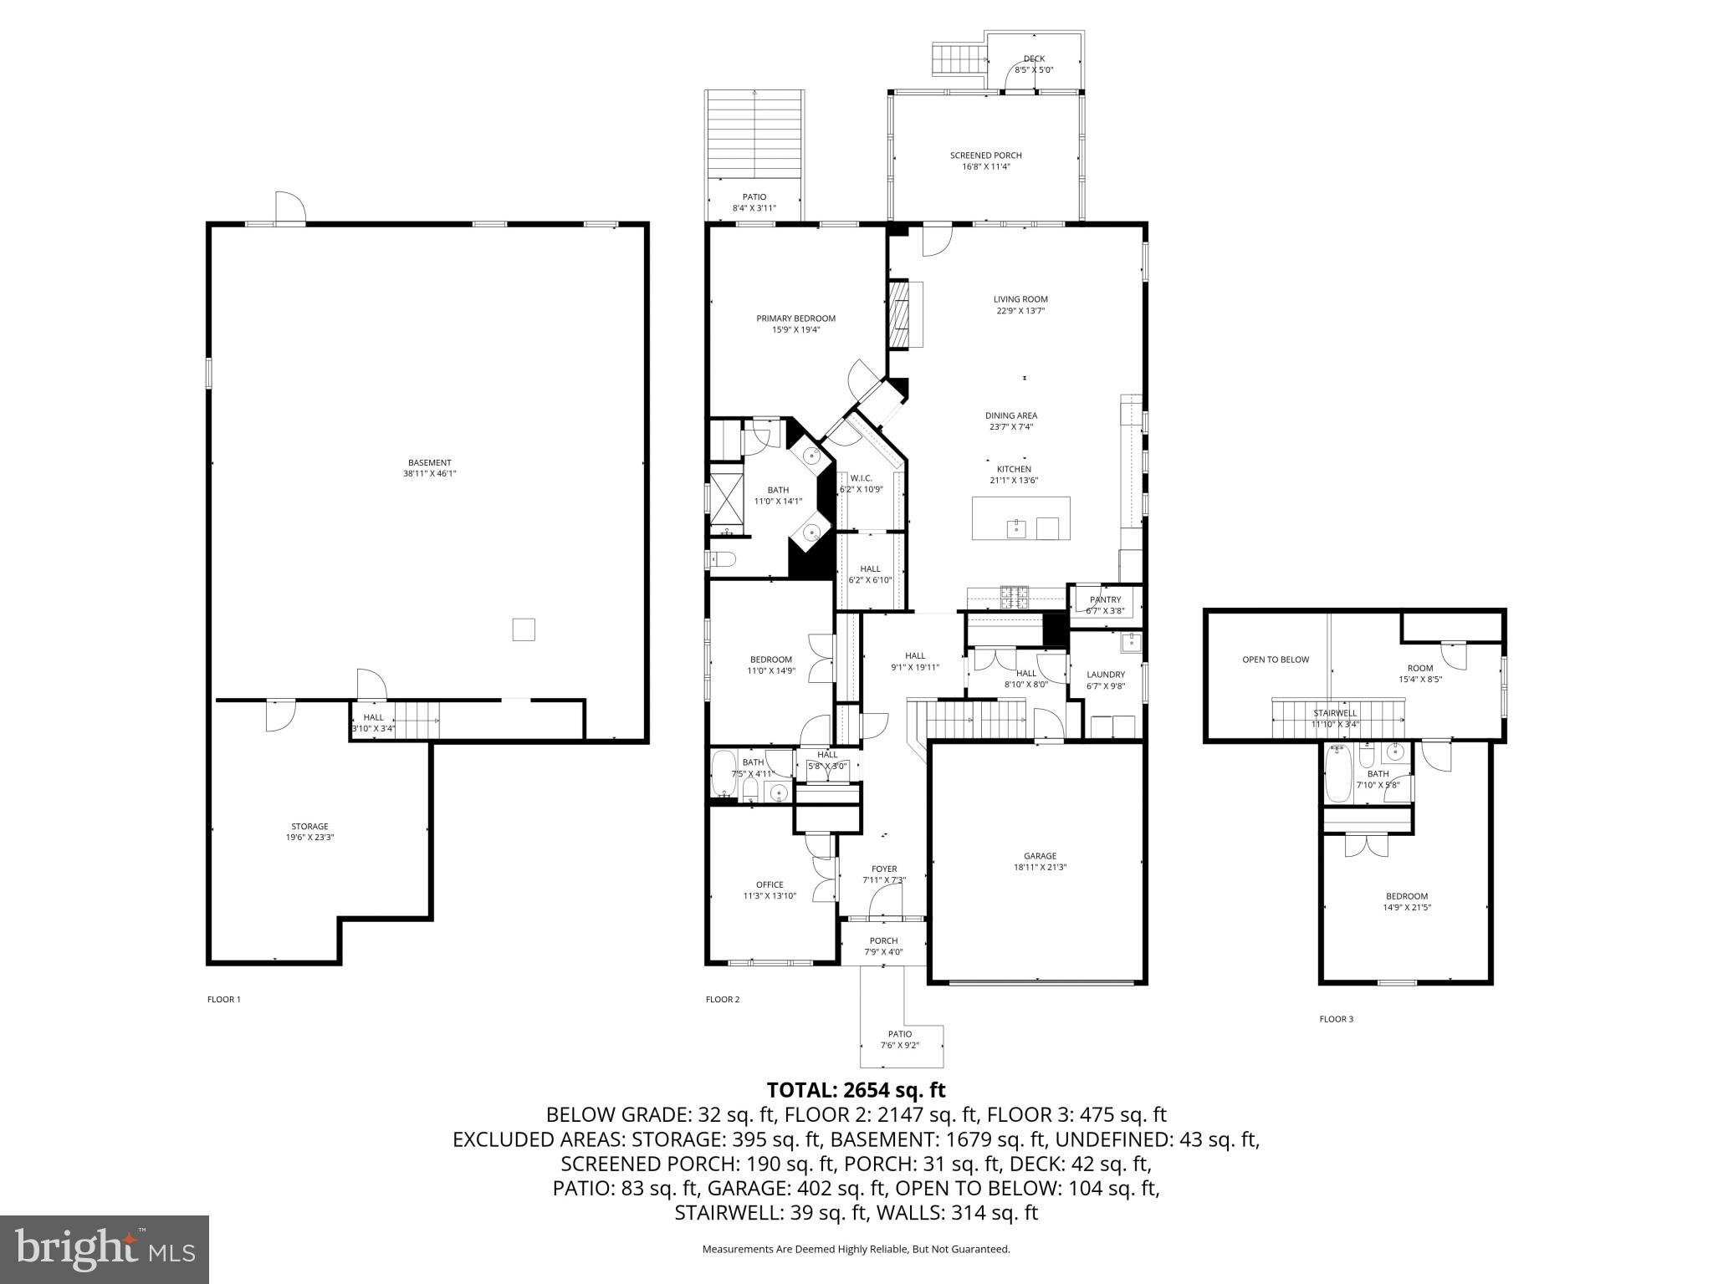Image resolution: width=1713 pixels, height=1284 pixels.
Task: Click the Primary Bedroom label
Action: click(795, 318)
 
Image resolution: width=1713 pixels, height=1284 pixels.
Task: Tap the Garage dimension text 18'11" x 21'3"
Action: click(1040, 868)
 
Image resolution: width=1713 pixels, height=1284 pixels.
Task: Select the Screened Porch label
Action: click(985, 155)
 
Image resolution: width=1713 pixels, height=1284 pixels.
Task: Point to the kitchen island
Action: click(1020, 519)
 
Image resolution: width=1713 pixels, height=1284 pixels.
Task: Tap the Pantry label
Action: click(1105, 599)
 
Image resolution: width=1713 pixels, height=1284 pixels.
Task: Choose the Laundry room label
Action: click(1106, 675)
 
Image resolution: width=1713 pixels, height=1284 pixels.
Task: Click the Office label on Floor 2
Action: click(770, 884)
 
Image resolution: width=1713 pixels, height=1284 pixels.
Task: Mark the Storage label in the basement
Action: click(309, 827)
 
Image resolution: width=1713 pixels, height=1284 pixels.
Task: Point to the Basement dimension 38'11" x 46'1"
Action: click(429, 474)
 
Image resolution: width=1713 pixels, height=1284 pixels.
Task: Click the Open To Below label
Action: click(1276, 660)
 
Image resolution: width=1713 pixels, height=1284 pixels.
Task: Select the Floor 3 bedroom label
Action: click(1407, 896)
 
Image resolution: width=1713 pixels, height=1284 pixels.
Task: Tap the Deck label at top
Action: click(1034, 59)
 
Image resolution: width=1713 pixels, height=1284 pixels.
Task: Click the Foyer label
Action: click(884, 869)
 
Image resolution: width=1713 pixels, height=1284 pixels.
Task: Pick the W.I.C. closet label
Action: click(862, 478)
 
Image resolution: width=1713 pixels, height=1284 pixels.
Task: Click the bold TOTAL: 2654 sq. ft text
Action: click(856, 1090)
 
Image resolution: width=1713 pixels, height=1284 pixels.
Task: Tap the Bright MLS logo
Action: click(105, 1249)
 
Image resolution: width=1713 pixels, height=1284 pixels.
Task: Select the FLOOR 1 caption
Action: click(224, 999)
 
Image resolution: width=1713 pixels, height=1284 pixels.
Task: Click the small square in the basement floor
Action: click(524, 629)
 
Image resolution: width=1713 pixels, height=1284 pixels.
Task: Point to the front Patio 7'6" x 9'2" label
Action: click(900, 1034)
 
